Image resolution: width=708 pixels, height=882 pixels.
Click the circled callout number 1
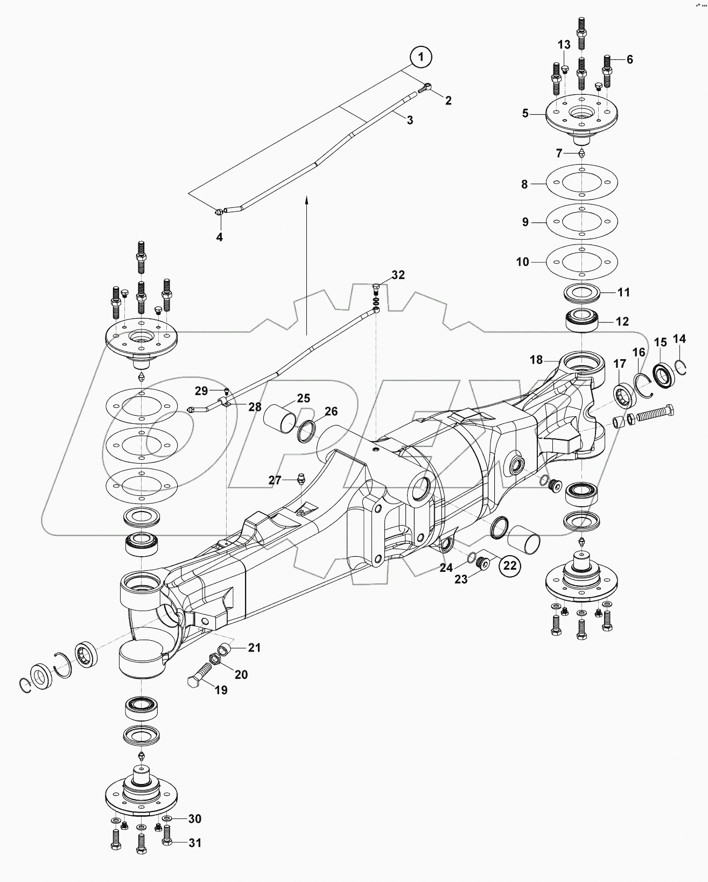421,57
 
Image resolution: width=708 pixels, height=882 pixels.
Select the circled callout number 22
509,565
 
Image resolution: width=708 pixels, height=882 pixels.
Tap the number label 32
398,275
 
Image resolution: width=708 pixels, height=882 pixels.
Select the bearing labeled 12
581,322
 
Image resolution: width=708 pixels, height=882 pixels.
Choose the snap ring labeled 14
680,367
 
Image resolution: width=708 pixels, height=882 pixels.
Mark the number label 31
195,843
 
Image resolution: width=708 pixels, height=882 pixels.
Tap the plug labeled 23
483,563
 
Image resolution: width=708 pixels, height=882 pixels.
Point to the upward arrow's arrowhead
306,199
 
